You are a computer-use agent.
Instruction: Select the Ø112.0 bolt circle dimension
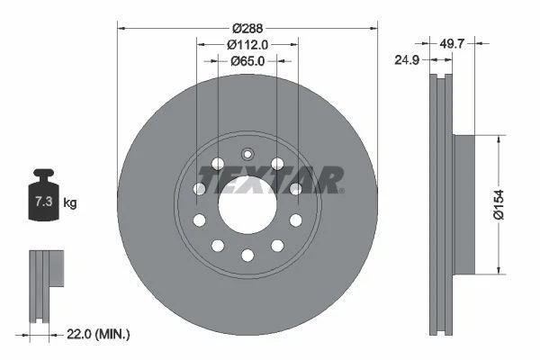click(x=247, y=43)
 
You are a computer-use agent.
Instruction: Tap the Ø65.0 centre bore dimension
click(x=247, y=61)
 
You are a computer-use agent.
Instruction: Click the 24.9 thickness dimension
click(x=409, y=62)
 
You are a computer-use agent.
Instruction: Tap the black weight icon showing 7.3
click(x=42, y=201)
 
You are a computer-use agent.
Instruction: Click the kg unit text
click(x=70, y=204)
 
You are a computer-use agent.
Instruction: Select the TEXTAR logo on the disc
click(x=271, y=180)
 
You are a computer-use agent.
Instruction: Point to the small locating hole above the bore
click(x=247, y=152)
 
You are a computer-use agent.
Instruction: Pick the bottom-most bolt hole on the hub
click(x=247, y=256)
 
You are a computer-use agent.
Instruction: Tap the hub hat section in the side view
click(x=461, y=204)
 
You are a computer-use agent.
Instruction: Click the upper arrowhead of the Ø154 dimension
click(x=499, y=139)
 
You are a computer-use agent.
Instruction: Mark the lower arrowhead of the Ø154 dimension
click(x=499, y=269)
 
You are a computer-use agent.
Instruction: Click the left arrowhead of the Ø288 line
click(x=121, y=26)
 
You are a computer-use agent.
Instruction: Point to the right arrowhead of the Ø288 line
click(x=373, y=26)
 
